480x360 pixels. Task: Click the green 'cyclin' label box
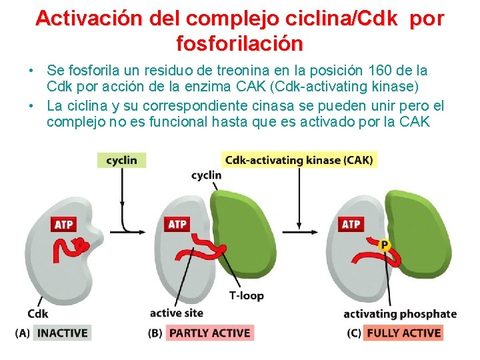coord(121,160)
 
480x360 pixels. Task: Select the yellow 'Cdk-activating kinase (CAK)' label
coord(299,160)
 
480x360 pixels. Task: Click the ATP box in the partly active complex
coord(177,225)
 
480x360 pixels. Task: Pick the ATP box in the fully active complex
coord(351,225)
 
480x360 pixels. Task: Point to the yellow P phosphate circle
coord(384,246)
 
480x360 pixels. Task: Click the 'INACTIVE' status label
coord(61,333)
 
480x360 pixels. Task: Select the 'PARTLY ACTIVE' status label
coord(209,333)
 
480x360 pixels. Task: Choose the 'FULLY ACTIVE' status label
coord(403,333)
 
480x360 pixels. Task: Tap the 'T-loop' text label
coord(246,295)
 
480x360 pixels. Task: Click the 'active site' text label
coord(176,313)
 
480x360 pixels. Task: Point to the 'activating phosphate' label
coord(400,314)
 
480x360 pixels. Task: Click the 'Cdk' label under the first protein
coord(38,313)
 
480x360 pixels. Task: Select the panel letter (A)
coord(21,333)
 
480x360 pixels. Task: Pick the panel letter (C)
coord(353,333)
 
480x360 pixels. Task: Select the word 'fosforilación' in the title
coord(239,44)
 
